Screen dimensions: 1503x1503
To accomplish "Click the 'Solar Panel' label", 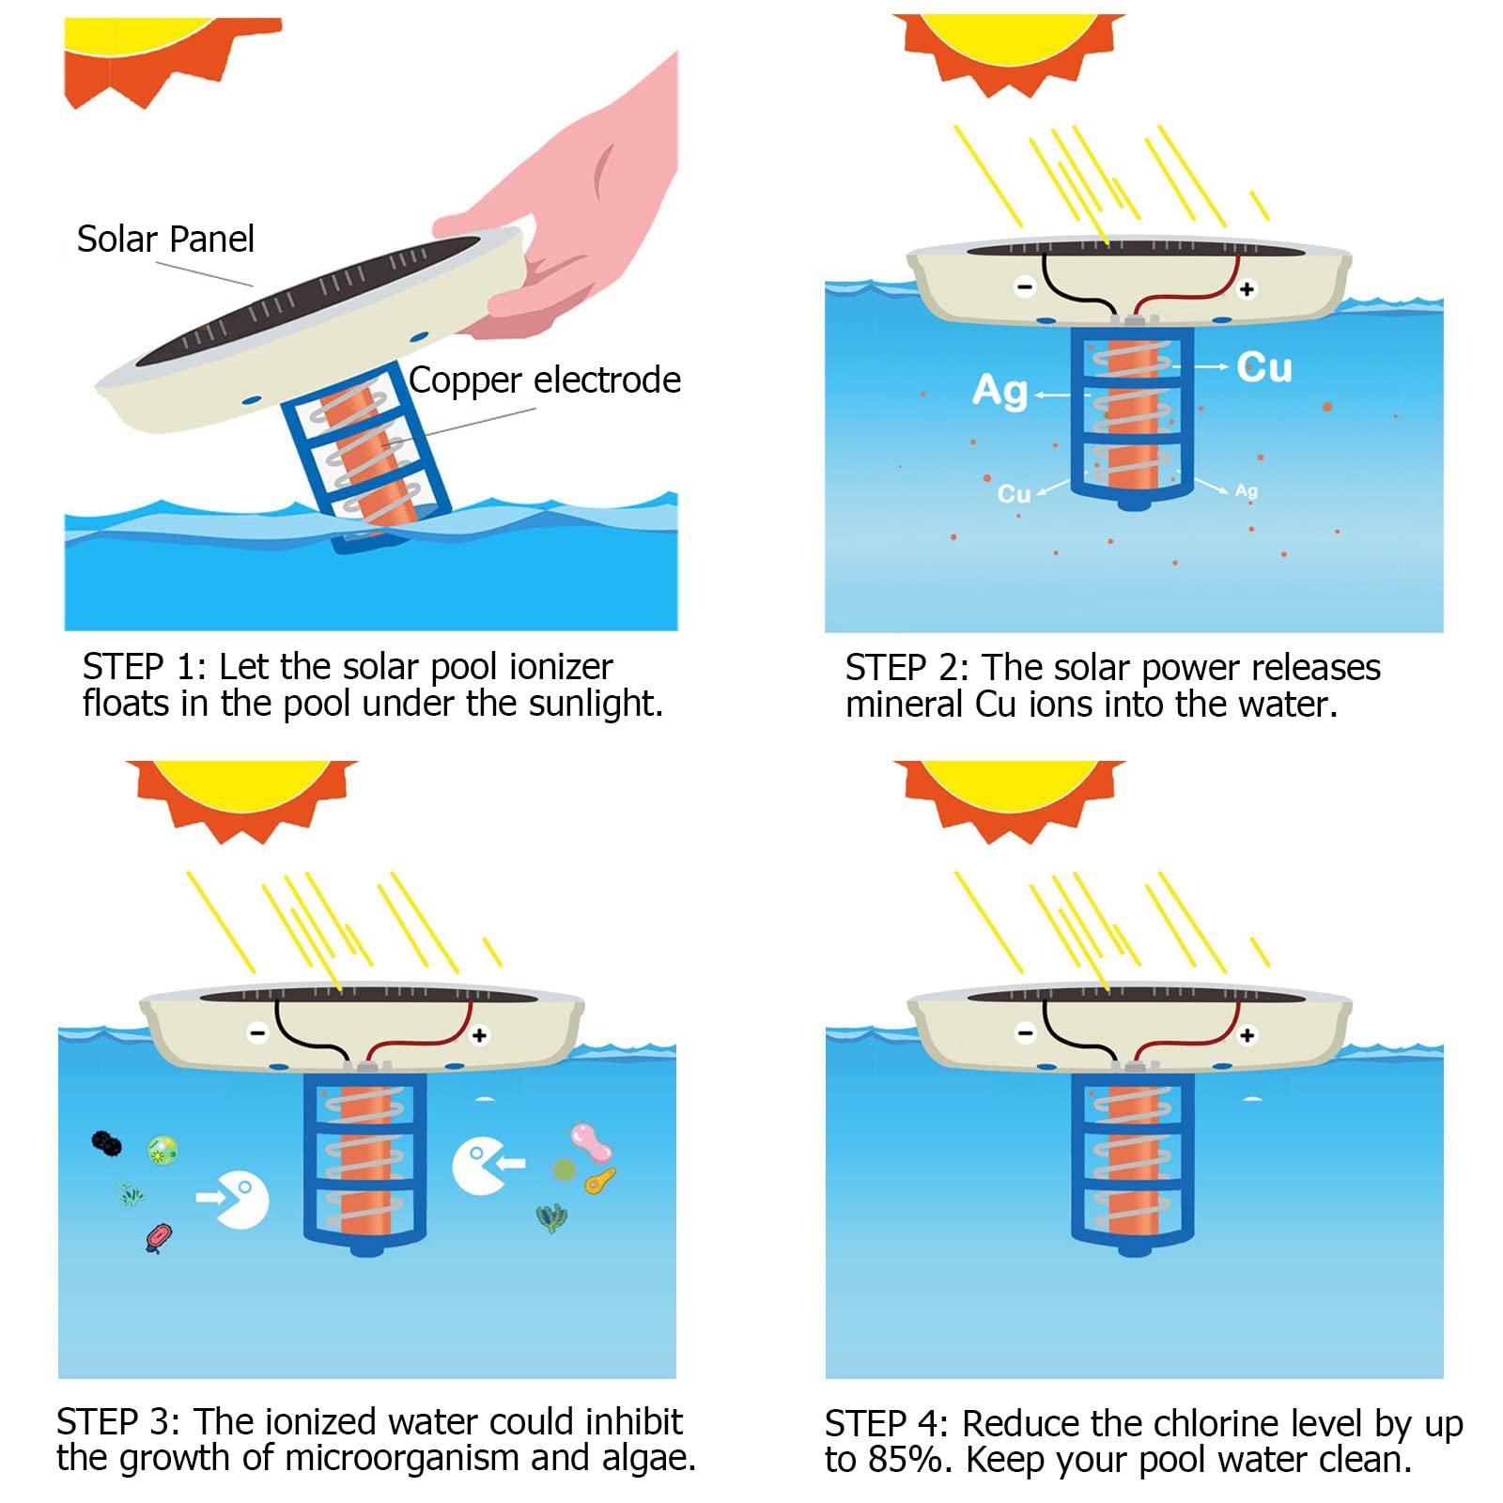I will point(165,240).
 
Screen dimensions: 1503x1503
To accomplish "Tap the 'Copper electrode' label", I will point(545,380).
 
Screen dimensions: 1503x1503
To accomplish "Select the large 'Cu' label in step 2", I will point(1263,367).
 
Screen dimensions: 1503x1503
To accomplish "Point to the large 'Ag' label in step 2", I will point(999,391).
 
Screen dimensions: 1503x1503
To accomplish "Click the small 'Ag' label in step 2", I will point(1246,490).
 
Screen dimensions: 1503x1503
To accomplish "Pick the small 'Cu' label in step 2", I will point(1014,494).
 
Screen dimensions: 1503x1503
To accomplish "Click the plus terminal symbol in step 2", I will point(1247,289).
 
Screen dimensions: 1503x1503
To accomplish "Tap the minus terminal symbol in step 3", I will point(257,1033).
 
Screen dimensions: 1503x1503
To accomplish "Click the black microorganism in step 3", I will point(106,1143).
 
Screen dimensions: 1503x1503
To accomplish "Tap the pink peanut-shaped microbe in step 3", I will point(591,1141).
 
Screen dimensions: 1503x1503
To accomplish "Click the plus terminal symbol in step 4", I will point(1247,1035).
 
